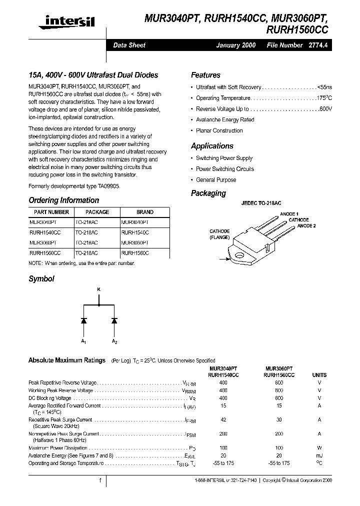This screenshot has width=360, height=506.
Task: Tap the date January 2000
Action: coord(235,45)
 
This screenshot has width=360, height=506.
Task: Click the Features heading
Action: coord(205,75)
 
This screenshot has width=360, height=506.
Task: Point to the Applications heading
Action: coord(212,146)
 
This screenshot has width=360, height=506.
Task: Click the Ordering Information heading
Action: coord(64,200)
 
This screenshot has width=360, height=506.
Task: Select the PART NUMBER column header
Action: coord(49,212)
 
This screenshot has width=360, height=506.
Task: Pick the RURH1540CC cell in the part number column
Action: coord(45,232)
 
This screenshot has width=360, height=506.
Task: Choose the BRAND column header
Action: coord(145,212)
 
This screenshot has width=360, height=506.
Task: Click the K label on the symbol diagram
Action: coord(98,289)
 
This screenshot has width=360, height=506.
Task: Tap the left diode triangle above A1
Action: coord(83,320)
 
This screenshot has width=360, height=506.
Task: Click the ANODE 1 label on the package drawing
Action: coord(289,214)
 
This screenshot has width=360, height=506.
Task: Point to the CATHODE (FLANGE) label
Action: coord(219,234)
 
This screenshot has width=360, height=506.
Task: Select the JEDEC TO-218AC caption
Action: coord(261,203)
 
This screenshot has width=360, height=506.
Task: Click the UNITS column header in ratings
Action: coord(319,375)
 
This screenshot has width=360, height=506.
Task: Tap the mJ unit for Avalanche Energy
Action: coord(319,456)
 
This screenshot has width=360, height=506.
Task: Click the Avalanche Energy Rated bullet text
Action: coord(225,120)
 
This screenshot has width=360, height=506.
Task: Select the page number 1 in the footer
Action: coord(100,480)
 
